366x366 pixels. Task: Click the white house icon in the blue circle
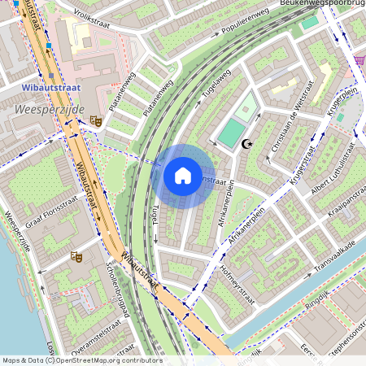(183, 175)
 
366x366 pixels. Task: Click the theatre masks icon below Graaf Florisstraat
(78, 257)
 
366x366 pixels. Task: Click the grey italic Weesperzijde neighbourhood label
(44, 107)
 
